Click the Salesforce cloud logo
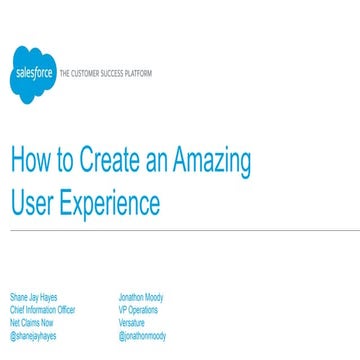pyautogui.click(x=32, y=74)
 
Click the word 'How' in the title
pyautogui.click(x=29, y=161)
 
